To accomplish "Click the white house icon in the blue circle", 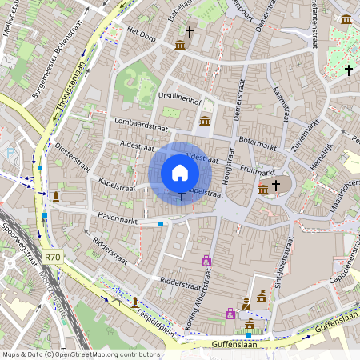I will (x=180, y=173).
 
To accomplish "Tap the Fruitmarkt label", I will (x=257, y=170).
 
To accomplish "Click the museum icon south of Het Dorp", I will (x=180, y=45).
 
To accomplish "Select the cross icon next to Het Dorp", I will (x=190, y=31).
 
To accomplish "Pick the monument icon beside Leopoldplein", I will (x=134, y=302).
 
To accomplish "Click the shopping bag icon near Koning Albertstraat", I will (x=206, y=261).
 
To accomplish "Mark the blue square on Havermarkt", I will (x=161, y=224).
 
